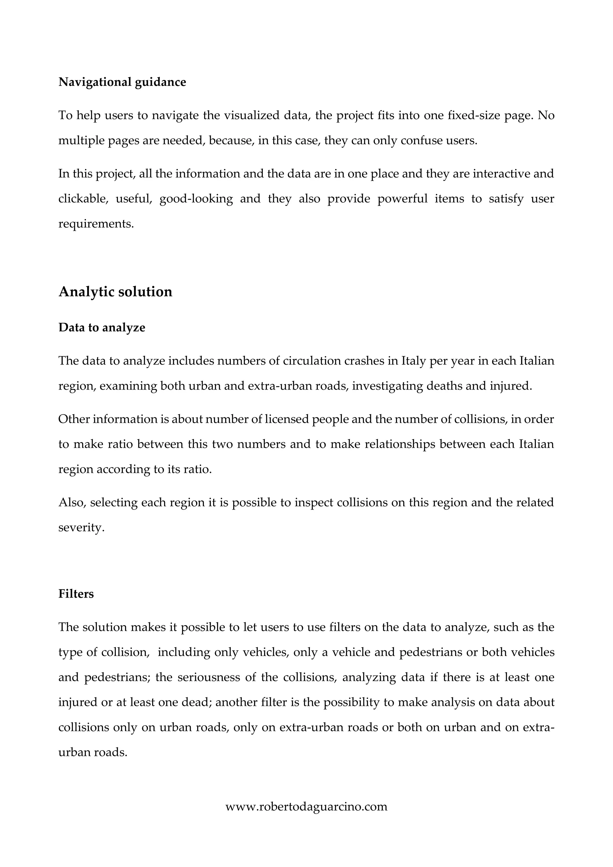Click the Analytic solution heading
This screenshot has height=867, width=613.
click(115, 292)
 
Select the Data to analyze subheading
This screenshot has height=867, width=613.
click(101, 328)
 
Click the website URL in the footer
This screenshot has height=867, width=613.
click(306, 807)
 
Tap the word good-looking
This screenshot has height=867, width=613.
click(196, 198)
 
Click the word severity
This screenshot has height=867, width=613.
click(81, 528)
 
